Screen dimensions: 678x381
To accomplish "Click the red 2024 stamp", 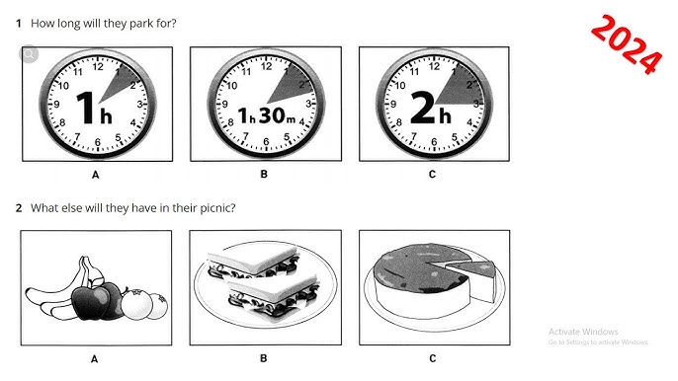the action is click(627, 44).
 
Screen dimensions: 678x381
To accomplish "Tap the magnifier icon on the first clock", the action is click(29, 54).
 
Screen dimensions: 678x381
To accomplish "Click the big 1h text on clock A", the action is click(94, 109).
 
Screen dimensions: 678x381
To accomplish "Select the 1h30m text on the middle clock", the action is click(267, 115).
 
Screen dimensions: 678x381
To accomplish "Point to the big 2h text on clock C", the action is click(430, 108).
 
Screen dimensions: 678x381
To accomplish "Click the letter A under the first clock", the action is click(96, 175).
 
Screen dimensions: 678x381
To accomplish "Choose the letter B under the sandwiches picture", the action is click(263, 358).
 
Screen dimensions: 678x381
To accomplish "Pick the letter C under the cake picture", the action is click(433, 358).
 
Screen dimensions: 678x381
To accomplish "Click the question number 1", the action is click(19, 24).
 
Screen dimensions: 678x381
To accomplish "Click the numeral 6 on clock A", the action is click(98, 142).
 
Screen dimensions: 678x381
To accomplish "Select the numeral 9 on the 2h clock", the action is click(393, 104).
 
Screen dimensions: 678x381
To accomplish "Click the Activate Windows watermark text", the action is click(583, 332).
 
